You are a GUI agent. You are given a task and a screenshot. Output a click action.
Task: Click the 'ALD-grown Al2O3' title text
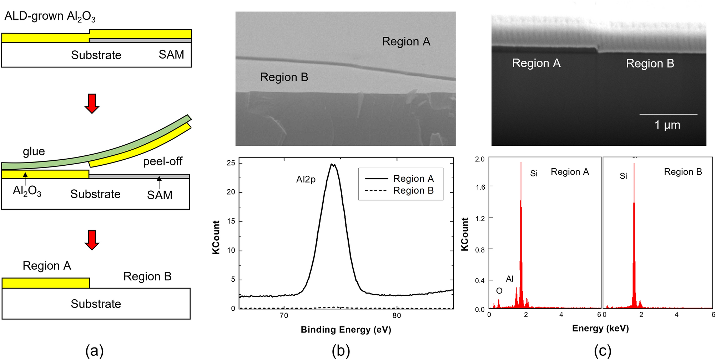coord(50,17)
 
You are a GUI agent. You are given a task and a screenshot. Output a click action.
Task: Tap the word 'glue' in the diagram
coord(34,151)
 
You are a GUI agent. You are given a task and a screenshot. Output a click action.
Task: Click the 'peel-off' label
coord(162,161)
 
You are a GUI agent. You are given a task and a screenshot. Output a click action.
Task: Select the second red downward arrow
coord(92,240)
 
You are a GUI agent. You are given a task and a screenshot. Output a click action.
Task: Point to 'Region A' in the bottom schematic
coord(47,266)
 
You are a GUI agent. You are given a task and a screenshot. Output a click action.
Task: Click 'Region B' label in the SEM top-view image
coord(284,77)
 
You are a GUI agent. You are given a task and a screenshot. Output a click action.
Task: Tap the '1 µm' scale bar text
coord(667,125)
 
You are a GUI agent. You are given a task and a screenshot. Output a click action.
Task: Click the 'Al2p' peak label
coord(306,179)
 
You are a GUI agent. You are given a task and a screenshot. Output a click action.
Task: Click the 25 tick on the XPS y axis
coord(231,163)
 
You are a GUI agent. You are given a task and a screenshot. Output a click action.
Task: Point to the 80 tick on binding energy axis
coord(397,316)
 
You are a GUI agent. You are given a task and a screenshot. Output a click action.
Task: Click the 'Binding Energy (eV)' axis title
coord(346,330)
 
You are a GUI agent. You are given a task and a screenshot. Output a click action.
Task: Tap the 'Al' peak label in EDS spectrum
coord(510,279)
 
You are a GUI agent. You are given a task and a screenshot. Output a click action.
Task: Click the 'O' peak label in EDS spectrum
coord(499,291)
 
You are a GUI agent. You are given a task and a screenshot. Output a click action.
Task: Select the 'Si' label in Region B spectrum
coord(623,176)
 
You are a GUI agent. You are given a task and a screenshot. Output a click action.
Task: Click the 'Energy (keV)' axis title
coord(600,329)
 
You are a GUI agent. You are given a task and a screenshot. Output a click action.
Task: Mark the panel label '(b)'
coord(341,351)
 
